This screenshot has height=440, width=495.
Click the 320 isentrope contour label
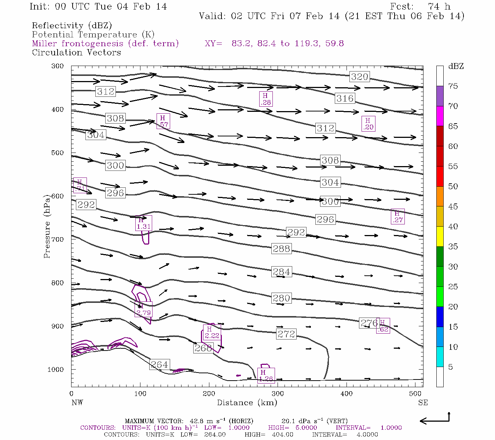[x=359, y=77]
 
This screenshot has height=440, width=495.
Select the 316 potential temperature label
[x=345, y=98]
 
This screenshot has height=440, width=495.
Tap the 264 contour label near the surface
[x=159, y=364]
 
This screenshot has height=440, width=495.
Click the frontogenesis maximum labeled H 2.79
[x=143, y=310]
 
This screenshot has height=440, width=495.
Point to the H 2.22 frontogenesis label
[x=212, y=333]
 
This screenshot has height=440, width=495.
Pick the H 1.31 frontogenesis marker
[x=143, y=223]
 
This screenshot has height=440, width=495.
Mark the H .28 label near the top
[x=265, y=99]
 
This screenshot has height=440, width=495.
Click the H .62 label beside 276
[x=383, y=326]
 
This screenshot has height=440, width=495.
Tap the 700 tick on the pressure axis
[x=58, y=239]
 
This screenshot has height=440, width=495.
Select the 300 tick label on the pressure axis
[x=58, y=66]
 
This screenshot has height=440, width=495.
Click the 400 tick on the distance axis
[x=346, y=393]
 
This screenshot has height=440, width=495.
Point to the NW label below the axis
[x=77, y=403]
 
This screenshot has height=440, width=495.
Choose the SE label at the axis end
[x=423, y=403]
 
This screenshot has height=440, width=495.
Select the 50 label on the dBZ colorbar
[x=453, y=186]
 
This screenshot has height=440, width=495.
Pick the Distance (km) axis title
[x=247, y=403]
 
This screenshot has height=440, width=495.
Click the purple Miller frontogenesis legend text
[x=105, y=44]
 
